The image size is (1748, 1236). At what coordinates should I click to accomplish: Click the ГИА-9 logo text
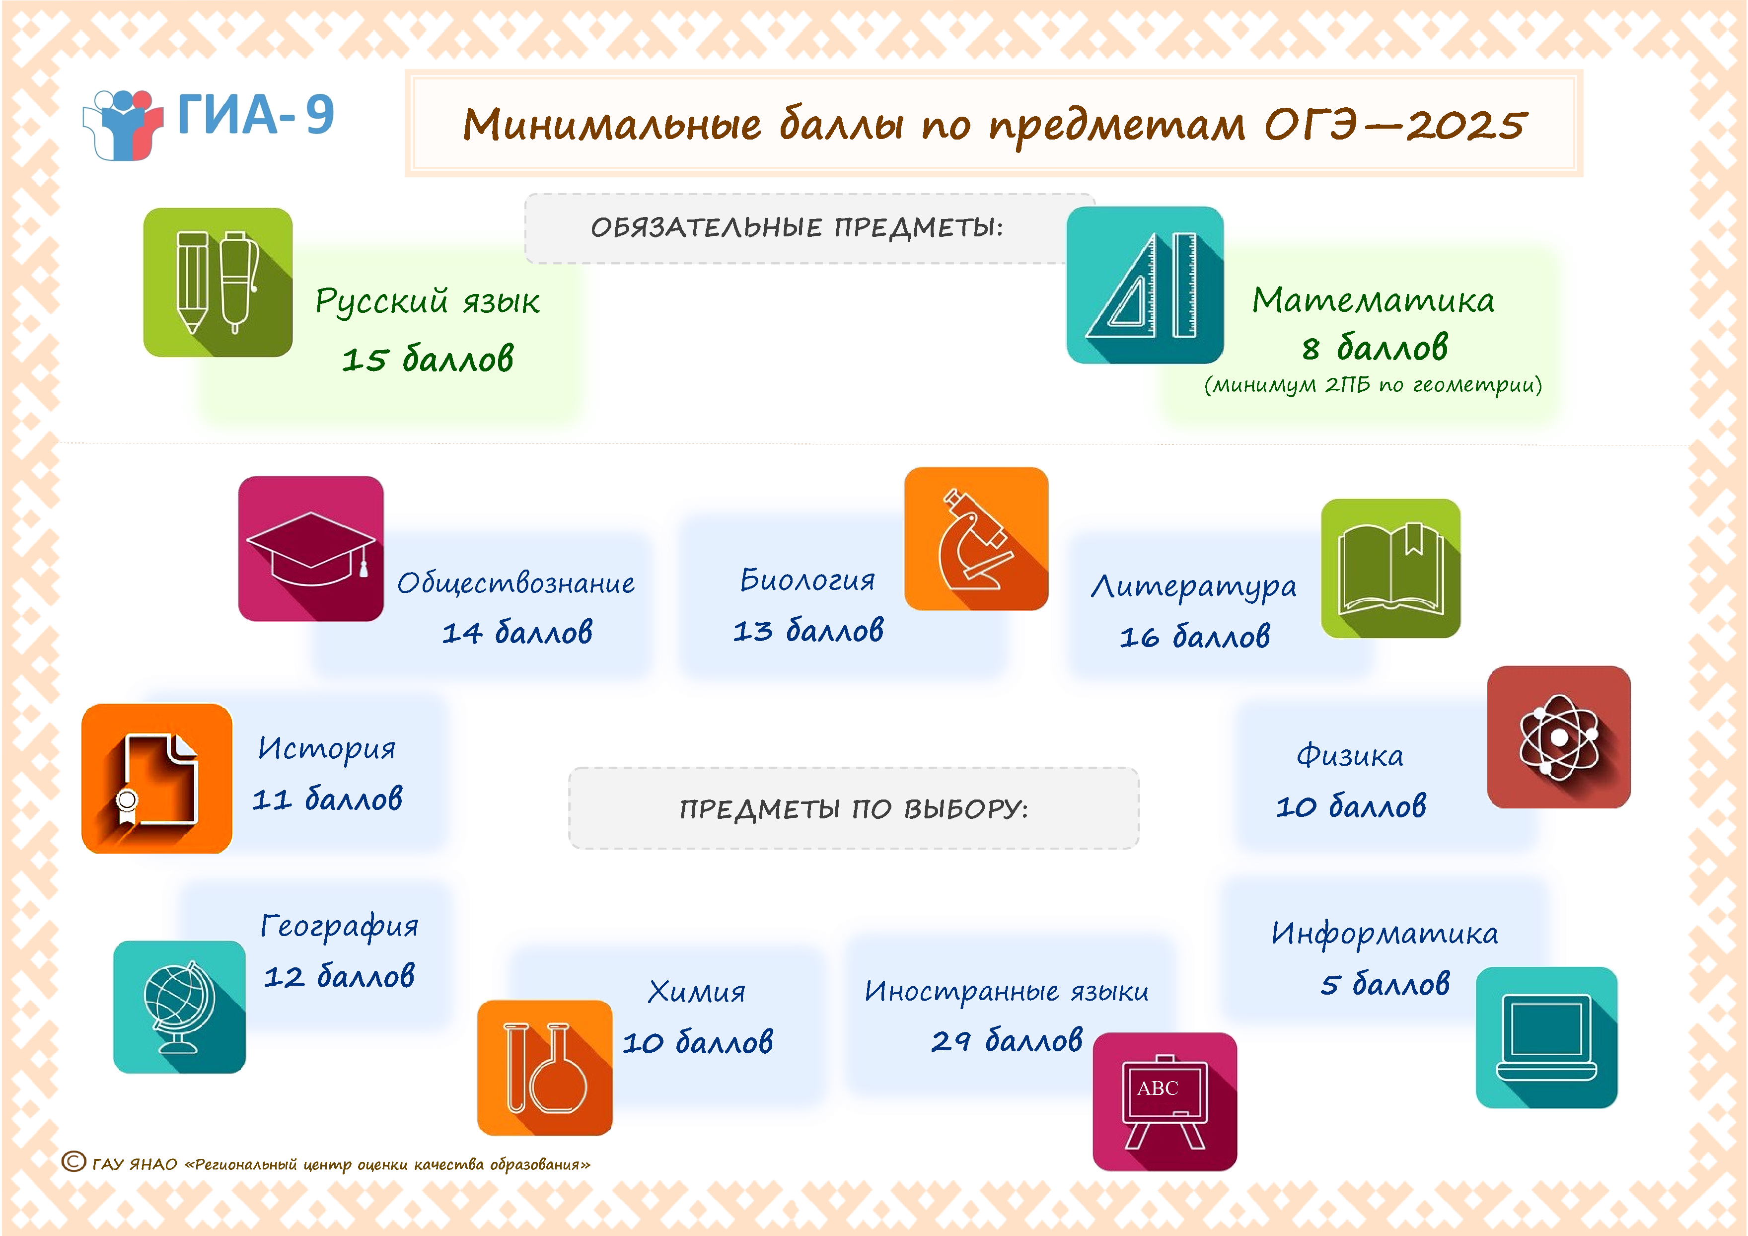pos(256,115)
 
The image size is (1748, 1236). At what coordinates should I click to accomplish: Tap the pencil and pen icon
pos(218,283)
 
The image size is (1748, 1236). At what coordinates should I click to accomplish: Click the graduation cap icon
pos(311,549)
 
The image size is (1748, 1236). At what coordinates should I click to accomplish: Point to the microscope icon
pos(976,539)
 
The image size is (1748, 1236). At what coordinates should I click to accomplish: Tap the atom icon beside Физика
pos(1558,737)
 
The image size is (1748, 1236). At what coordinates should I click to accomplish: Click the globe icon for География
pos(180,1007)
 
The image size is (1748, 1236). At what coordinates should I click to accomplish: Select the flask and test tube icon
pos(545,1068)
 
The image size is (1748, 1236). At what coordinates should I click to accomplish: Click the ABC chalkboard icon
pos(1165,1101)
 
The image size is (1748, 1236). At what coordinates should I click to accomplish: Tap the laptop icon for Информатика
pos(1546,1037)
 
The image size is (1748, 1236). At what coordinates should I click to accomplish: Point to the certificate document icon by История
pos(157,779)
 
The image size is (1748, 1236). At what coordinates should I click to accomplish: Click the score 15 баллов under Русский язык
pos(428,359)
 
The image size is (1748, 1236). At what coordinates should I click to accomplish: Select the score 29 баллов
pos(1007,1040)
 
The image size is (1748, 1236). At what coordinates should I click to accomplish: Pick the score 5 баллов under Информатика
pos(1385,983)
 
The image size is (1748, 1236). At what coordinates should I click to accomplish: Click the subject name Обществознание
pos(516,583)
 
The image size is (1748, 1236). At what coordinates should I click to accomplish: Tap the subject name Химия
pos(697,992)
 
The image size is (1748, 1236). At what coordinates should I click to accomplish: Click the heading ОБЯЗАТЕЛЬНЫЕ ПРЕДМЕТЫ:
pos(797,227)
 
